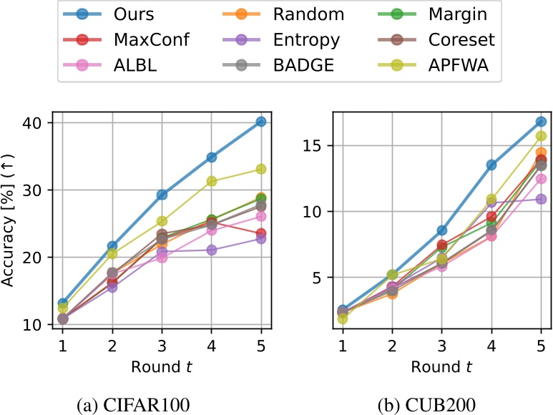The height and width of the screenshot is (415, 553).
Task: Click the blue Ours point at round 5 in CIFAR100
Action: click(261, 122)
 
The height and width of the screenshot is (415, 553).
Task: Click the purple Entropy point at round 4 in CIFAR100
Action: click(212, 250)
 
